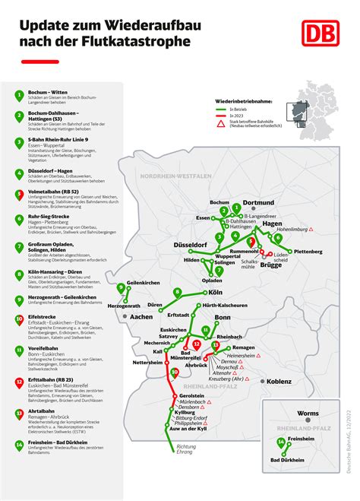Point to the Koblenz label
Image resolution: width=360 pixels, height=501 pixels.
(279, 382)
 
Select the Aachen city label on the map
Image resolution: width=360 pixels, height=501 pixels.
(142, 316)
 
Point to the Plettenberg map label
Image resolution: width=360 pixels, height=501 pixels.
(308, 251)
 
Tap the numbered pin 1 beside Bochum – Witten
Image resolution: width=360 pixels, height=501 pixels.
(18, 95)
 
